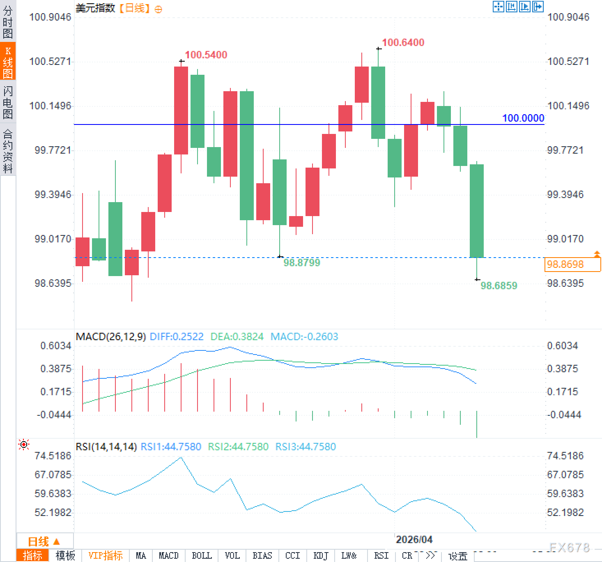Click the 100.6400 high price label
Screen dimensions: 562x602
pos(403,42)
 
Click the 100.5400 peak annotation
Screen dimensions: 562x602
pos(206,55)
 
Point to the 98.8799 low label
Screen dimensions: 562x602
pos(301,263)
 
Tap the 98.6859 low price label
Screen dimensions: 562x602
pos(499,286)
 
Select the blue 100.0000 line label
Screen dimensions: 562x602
pos(523,118)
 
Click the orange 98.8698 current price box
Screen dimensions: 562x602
pos(572,264)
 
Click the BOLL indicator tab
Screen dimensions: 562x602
pos(202,556)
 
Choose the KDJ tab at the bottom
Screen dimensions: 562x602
pos(321,556)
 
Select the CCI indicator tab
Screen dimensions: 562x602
pos(292,556)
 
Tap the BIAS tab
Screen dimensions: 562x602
pos(262,556)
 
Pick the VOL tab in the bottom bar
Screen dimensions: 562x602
pos(232,556)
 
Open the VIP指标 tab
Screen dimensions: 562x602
pos(106,556)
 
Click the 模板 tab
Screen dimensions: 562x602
pos(65,556)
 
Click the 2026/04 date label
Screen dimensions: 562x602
pos(414,539)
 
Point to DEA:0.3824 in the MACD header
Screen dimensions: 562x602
pos(237,337)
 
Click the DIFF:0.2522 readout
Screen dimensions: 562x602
pos(177,337)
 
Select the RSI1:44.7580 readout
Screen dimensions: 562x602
pos(171,447)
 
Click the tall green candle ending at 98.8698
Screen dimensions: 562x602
pos(477,211)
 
